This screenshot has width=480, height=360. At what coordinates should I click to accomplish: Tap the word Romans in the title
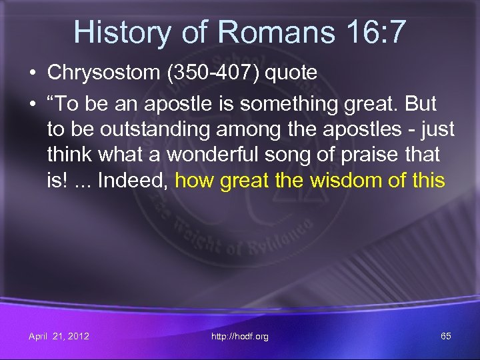click(263, 31)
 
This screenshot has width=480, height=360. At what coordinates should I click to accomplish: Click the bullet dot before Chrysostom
click(33, 73)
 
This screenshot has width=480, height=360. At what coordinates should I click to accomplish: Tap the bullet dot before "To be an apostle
click(33, 104)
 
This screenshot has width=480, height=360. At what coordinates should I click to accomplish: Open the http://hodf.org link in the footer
click(239, 337)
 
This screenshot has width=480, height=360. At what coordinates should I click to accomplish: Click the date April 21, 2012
click(59, 336)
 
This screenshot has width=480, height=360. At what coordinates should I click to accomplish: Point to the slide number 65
click(446, 336)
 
